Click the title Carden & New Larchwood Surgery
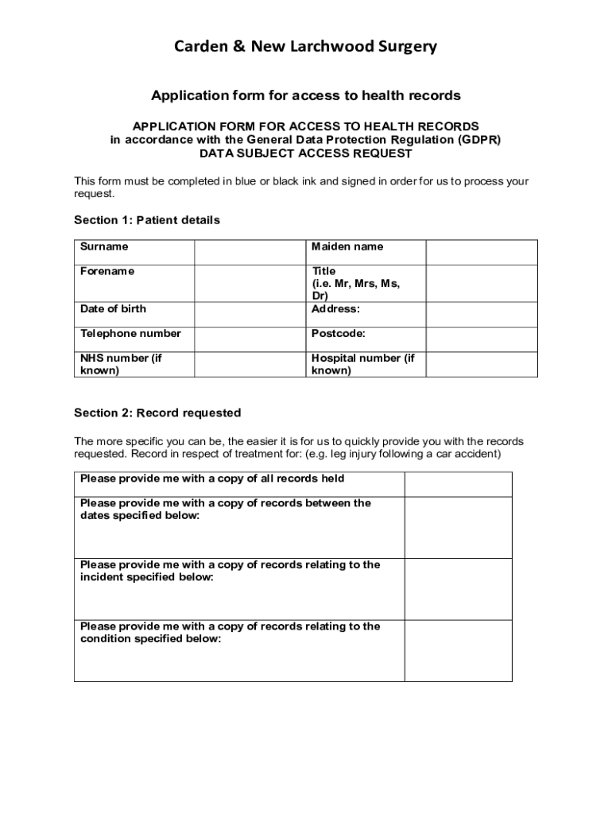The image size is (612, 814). [306, 48]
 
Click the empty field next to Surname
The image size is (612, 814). [250, 251]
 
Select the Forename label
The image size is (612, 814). [107, 271]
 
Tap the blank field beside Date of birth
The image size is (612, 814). [250, 308]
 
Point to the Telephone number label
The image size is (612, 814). [130, 333]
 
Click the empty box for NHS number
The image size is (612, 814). [250, 364]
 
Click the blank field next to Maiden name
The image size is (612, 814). [481, 251]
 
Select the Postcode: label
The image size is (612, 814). [338, 333]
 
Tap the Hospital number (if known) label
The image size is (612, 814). [362, 364]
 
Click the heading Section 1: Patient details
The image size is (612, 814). [147, 219]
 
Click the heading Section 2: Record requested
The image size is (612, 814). [157, 413]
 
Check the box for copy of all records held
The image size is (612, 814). [458, 484]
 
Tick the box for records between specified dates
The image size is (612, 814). [458, 527]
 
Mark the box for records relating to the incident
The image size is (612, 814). [458, 589]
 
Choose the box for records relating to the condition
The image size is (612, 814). [458, 650]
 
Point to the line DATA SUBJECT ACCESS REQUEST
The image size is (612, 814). [306, 153]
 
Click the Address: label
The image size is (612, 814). [335, 308]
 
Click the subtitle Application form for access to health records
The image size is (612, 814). [306, 95]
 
